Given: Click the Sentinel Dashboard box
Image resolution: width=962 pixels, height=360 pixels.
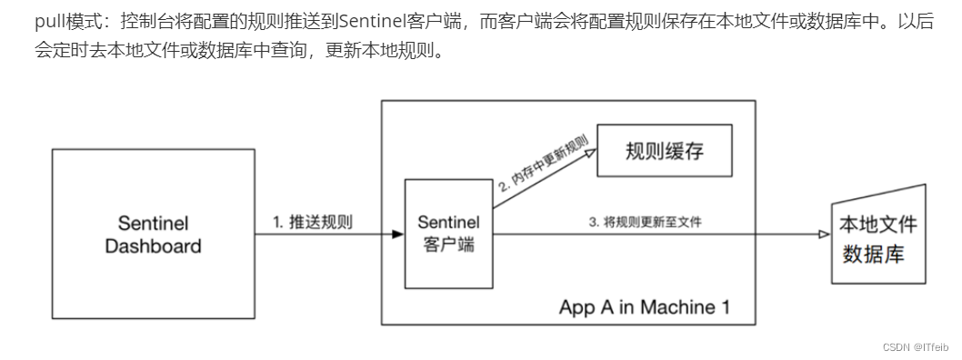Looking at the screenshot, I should (x=153, y=235).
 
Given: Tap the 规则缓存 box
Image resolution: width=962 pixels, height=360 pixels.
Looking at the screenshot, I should (x=665, y=150).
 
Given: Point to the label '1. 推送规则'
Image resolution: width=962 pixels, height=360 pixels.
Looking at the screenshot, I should (x=313, y=222).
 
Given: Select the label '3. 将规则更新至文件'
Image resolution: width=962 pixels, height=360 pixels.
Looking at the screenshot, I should (x=646, y=221).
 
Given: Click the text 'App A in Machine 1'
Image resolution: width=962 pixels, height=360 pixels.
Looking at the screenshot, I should (x=644, y=305).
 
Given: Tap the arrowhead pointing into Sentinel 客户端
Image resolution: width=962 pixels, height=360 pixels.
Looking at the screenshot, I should (x=397, y=235).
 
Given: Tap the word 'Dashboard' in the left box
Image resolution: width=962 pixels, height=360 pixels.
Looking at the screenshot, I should (x=153, y=246).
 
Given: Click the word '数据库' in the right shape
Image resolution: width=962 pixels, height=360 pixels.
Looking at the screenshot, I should (x=873, y=253).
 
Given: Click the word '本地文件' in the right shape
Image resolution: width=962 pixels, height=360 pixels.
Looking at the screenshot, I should (x=877, y=225).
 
